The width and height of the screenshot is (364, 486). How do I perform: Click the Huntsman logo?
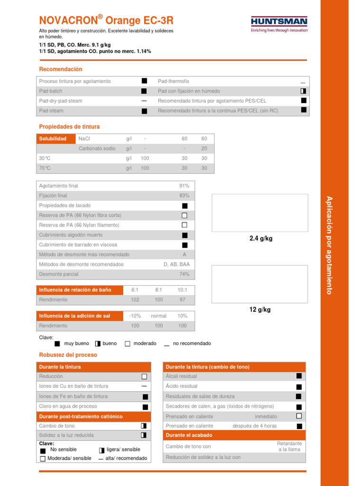279,24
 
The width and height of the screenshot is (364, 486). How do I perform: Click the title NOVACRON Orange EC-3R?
106,20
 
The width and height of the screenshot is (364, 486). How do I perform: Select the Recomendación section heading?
60,69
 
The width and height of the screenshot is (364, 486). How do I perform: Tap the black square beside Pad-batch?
144,91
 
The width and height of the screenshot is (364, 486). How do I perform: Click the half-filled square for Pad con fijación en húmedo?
303,91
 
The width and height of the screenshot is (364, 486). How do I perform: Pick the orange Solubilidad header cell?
55,139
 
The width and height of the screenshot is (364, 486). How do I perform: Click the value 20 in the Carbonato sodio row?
204,149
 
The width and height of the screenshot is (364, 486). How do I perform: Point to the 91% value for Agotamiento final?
184,186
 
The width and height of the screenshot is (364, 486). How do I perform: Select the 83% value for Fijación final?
184,196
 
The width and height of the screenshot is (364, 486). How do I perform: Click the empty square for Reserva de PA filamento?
184,225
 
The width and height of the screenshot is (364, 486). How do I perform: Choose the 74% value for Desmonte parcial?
184,274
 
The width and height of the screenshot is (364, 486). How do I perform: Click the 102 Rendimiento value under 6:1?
135,300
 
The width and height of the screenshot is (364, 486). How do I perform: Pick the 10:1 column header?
182,290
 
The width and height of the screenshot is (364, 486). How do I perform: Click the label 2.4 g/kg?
261,239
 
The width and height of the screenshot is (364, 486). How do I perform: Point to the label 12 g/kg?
260,310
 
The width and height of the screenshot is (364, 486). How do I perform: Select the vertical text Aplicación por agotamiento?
329,245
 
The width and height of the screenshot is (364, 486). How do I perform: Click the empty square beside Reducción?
144,376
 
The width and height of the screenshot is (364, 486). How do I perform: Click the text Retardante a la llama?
289,447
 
